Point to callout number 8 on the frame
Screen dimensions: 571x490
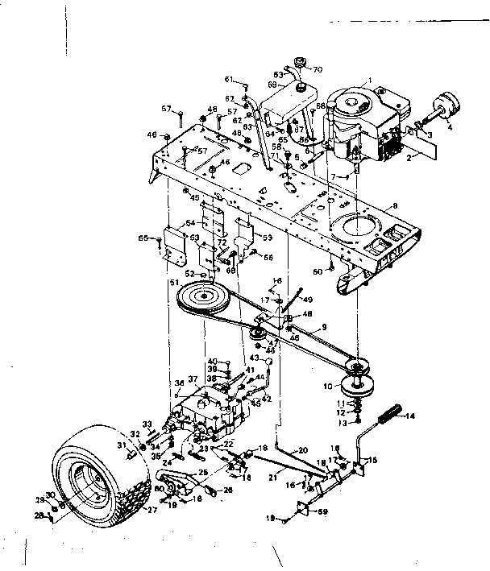click(x=394, y=206)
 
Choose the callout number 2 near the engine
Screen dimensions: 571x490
click(x=410, y=159)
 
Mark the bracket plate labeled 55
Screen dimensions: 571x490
click(x=173, y=245)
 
